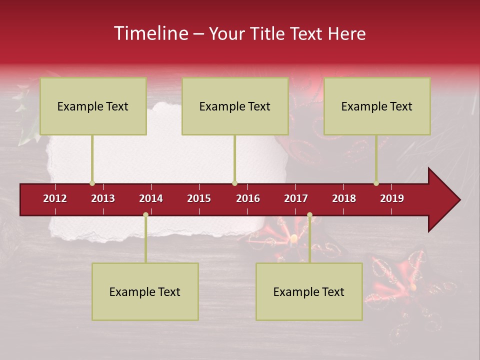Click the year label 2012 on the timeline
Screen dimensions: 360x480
[55, 198]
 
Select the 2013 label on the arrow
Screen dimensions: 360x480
[103, 198]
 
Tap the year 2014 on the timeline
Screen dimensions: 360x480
[151, 198]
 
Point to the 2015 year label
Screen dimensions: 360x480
[199, 198]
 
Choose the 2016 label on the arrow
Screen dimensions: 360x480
[248, 198]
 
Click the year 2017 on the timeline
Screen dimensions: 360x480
[296, 198]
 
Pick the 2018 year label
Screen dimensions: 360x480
[344, 198]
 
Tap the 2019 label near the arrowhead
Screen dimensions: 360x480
[392, 198]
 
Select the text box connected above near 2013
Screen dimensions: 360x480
[93, 106]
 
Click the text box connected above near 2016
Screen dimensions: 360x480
[235, 106]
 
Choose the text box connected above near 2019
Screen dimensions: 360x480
[377, 106]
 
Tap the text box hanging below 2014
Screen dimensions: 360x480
[145, 291]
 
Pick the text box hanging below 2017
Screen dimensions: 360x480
[309, 291]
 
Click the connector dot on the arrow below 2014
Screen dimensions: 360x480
[145, 215]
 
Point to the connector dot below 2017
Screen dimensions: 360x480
[309, 215]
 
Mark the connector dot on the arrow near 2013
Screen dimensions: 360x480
[92, 183]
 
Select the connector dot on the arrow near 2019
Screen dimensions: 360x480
[376, 183]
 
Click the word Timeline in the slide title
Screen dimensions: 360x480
[151, 33]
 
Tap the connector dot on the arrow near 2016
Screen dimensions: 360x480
[234, 183]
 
